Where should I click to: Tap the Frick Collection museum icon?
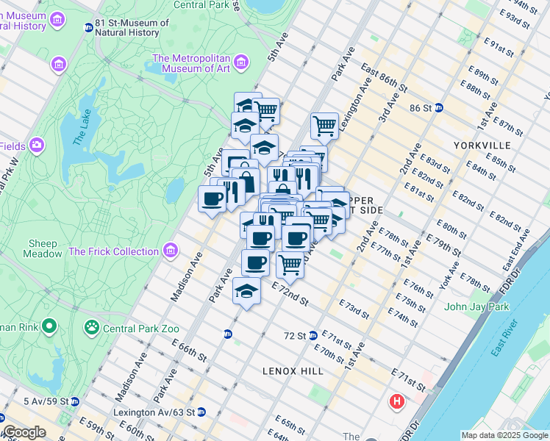tap(171, 251)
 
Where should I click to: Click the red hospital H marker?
tap(397, 402)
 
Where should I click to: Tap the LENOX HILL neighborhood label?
tap(293, 371)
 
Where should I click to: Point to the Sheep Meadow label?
tap(45, 248)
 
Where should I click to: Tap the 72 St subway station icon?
tap(313, 335)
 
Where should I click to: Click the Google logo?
tap(24, 433)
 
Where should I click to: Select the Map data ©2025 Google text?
tap(504, 435)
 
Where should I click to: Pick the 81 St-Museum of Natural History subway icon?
tap(89, 29)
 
